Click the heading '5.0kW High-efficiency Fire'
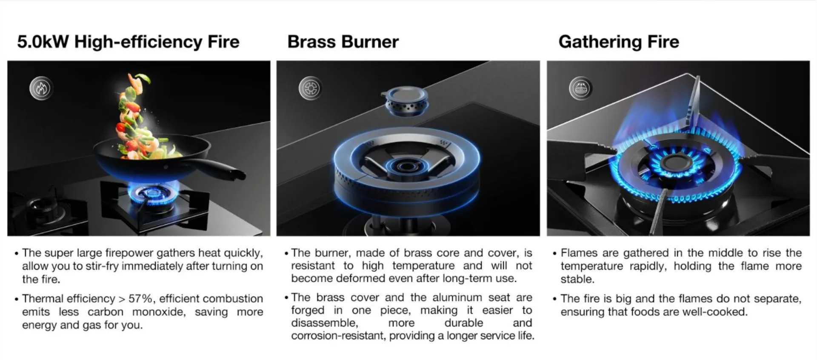pos(128,42)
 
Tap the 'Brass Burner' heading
pos(343,42)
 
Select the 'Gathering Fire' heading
pos(619,42)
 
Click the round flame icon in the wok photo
pos(41,89)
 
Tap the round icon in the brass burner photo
pos(310,89)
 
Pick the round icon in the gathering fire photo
pos(580,89)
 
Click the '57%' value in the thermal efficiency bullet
pos(141,299)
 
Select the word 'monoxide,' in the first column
pos(159,312)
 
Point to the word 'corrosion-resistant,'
pos(338,336)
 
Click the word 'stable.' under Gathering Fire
pos(577,279)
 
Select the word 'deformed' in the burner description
pos(357,278)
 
